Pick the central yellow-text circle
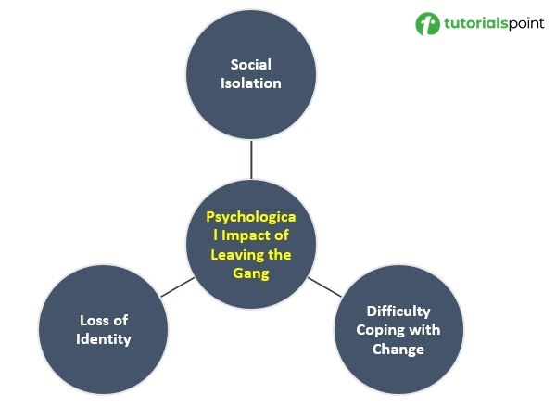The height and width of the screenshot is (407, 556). [x=251, y=244]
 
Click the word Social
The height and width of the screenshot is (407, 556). [x=251, y=64]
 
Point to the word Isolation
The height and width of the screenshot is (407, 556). [x=251, y=83]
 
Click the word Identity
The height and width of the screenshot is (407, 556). [x=104, y=338]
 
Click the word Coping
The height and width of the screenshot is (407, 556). [x=382, y=330]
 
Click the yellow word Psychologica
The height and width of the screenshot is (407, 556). [x=251, y=216]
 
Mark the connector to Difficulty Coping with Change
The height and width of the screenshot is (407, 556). [x=323, y=286]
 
